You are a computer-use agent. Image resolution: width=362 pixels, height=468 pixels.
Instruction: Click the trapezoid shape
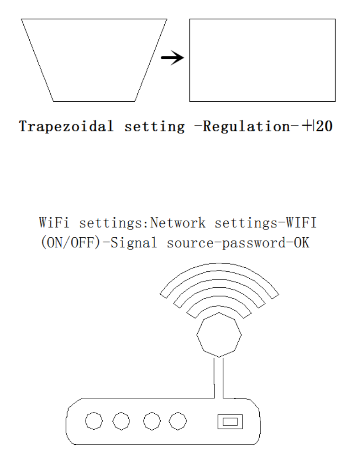pyautogui.click(x=94, y=59)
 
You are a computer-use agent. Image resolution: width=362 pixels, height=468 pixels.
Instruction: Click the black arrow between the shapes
pyautogui.click(x=173, y=58)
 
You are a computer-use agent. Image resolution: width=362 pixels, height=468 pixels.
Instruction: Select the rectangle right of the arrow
pyautogui.click(x=262, y=60)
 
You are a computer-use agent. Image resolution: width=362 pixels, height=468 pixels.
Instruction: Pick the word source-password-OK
pyautogui.click(x=233, y=243)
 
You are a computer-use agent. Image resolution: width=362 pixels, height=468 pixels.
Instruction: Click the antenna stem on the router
pyautogui.click(x=218, y=376)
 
